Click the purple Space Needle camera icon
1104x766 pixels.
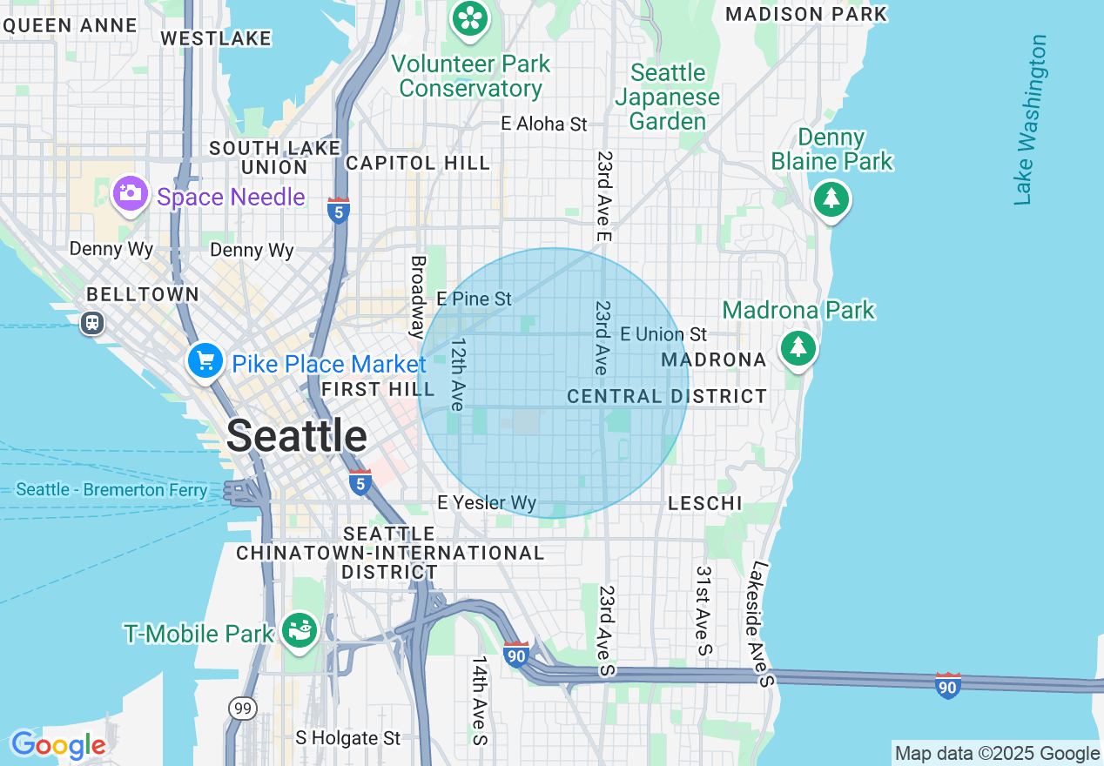click(x=130, y=193)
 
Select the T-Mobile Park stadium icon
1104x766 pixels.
click(x=300, y=629)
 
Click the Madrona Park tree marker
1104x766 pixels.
click(x=798, y=348)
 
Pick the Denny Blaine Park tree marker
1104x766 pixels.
click(x=831, y=199)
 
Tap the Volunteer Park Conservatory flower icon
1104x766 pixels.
click(x=470, y=17)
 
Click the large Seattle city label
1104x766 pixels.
click(x=297, y=435)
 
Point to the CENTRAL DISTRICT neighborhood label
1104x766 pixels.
click(x=667, y=397)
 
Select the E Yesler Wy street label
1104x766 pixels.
click(x=487, y=503)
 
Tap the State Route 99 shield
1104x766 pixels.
click(x=243, y=709)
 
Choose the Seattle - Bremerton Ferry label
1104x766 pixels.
click(x=112, y=490)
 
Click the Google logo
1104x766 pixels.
click(x=58, y=745)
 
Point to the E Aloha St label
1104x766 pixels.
click(x=544, y=124)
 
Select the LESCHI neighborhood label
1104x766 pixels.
click(x=704, y=503)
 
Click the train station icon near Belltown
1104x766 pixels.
click(x=92, y=323)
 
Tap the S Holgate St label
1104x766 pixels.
click(x=348, y=738)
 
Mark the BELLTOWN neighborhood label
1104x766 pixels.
click(x=143, y=294)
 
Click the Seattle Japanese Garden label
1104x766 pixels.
click(x=668, y=97)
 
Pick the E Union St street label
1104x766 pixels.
click(x=663, y=334)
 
